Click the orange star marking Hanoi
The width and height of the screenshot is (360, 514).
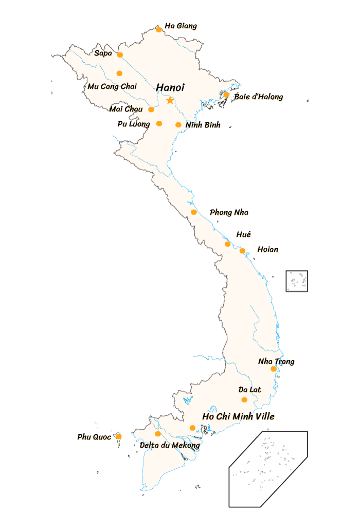(x=170, y=100)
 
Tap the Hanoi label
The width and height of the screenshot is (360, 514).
(x=170, y=87)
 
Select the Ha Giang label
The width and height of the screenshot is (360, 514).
(x=181, y=26)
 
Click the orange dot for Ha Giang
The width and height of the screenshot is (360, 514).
(x=159, y=29)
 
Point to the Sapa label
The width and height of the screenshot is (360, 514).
(x=103, y=53)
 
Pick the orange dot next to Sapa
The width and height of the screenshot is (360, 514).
(x=120, y=54)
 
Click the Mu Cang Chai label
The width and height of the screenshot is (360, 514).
(x=112, y=86)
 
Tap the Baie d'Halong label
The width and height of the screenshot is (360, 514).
(x=259, y=97)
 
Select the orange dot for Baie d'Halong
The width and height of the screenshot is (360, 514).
(x=226, y=95)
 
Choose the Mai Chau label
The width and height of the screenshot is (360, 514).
(x=126, y=109)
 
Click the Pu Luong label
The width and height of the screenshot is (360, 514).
(x=134, y=124)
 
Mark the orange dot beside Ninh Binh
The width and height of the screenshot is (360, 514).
(x=178, y=124)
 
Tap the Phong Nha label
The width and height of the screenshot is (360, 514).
(x=229, y=213)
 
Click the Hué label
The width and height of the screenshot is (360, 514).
(x=244, y=235)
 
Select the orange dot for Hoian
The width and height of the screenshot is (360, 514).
(x=242, y=251)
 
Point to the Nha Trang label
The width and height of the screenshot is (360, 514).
(x=277, y=362)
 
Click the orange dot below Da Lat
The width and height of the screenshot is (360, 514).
(x=244, y=399)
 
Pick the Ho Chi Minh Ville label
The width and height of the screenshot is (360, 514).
(x=239, y=416)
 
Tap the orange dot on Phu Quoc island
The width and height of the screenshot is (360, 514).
(x=119, y=436)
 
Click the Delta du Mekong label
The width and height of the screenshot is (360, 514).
(x=169, y=445)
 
